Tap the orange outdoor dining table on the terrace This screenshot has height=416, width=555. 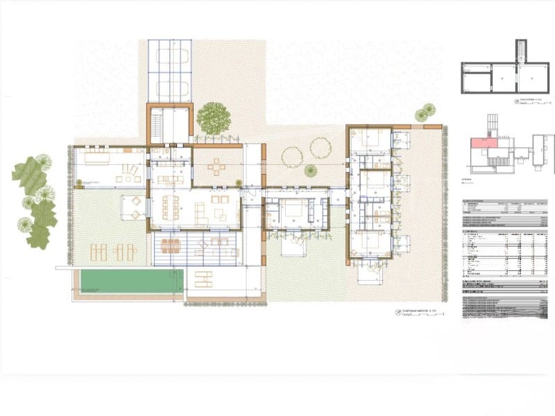pos(171,245)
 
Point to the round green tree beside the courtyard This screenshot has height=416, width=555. pos(213,118)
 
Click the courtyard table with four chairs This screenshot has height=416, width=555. pos(217,167)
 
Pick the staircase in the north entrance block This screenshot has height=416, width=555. pos(157,125)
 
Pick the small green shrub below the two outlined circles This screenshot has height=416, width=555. pos(309,171)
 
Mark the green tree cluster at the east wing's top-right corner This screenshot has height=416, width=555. pos(425,112)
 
